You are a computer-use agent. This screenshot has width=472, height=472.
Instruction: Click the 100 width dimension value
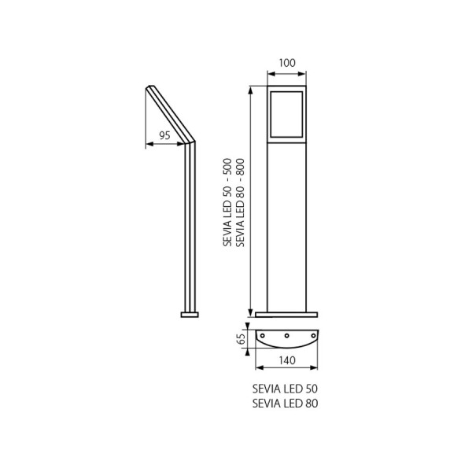[287, 63]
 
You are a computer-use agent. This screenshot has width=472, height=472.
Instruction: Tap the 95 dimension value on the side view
[164, 135]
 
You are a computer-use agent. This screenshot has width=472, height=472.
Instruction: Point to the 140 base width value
[287, 360]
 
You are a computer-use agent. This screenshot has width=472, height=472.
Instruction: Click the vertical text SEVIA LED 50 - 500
[227, 202]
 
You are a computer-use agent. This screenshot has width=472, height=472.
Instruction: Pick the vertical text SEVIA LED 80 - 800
[240, 202]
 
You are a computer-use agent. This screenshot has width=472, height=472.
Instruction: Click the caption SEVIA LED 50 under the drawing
[285, 389]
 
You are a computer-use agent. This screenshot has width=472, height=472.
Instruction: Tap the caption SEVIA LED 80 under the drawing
[285, 403]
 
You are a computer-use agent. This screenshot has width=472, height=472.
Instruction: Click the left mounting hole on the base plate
[262, 335]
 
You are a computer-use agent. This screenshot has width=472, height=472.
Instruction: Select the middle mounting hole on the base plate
[287, 335]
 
